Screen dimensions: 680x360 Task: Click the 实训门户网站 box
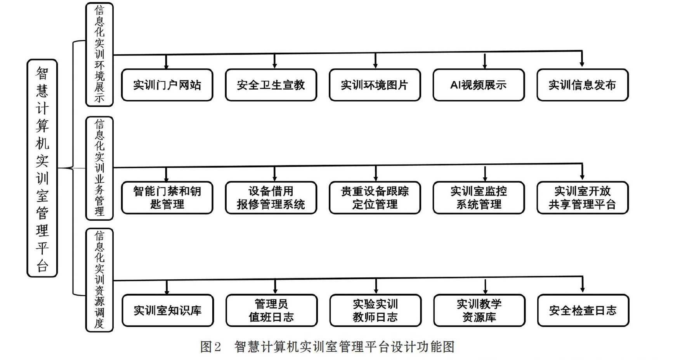click(167, 85)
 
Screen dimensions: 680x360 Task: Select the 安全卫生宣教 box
click(271, 85)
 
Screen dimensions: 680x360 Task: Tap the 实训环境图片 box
click(375, 85)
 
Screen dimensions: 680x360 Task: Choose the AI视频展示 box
click(479, 85)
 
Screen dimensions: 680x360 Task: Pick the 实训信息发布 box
click(583, 85)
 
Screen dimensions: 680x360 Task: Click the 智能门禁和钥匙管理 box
click(167, 197)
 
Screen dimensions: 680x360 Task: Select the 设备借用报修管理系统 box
click(271, 197)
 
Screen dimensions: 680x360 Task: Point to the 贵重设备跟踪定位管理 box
click(375, 197)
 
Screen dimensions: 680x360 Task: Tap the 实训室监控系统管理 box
click(479, 197)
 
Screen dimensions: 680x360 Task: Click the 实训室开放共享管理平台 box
click(583, 197)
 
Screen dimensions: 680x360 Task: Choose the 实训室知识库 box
click(168, 310)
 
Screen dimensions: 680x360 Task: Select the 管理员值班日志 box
click(272, 310)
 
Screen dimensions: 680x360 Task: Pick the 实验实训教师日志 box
click(375, 310)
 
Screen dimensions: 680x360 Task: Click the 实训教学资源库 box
click(479, 310)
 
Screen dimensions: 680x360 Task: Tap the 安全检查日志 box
click(583, 310)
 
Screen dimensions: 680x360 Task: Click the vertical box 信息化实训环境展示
click(99, 54)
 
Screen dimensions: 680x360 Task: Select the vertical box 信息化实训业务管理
click(99, 168)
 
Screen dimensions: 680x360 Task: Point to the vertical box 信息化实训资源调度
click(99, 280)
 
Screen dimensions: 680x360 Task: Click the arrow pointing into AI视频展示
click(485, 61)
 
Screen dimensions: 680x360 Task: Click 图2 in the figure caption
click(210, 347)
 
